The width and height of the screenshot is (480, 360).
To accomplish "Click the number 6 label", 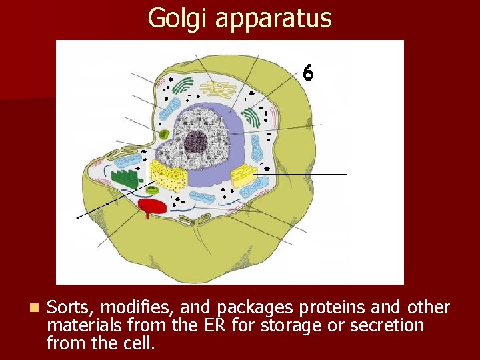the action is point(307,72).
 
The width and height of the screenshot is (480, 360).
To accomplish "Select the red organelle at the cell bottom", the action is point(152,206).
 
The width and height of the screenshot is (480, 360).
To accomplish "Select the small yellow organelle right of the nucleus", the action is point(243,176).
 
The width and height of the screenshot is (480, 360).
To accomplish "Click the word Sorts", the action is point(69,307).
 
